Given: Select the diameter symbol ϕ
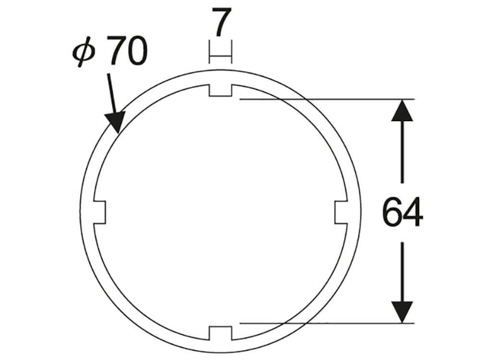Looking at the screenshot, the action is (84, 52).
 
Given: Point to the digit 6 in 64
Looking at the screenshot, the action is (392, 212).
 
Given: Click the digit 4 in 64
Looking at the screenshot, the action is (413, 212).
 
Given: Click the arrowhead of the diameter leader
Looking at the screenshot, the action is (116, 122).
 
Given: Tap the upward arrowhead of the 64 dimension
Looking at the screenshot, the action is (402, 110).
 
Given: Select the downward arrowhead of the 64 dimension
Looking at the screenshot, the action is (402, 312).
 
